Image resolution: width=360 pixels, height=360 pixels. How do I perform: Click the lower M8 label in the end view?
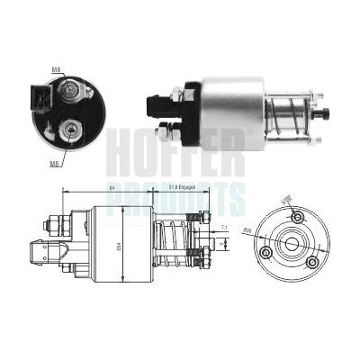(54, 163)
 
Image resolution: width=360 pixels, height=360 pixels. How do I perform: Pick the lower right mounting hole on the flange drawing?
(310, 262)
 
